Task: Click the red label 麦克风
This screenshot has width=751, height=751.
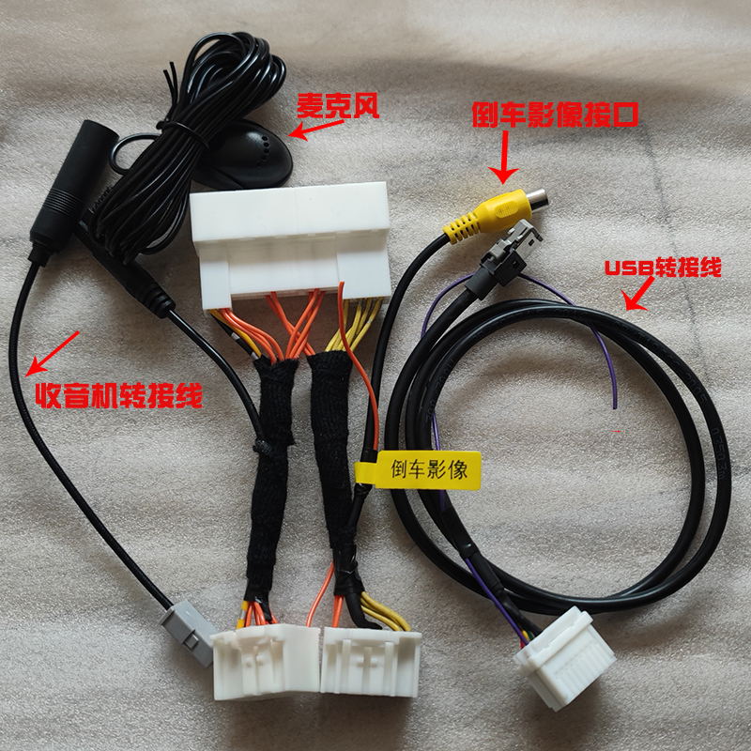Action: point(338,105)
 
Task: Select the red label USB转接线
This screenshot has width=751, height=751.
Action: point(663,268)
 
